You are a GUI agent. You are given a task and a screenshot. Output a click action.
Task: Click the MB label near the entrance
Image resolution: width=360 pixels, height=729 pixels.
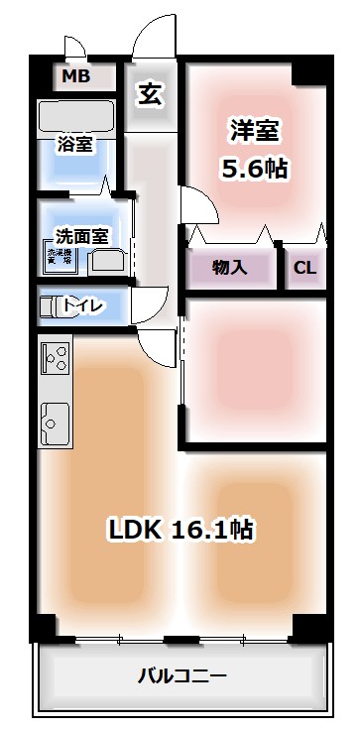tap(76, 76)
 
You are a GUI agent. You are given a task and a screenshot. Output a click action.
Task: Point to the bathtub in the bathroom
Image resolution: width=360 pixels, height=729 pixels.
tap(76, 116)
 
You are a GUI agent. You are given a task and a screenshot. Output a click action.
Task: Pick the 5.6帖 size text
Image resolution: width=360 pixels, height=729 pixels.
tap(255, 168)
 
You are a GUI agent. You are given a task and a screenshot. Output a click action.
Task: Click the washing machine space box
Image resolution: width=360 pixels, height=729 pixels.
tap(59, 258)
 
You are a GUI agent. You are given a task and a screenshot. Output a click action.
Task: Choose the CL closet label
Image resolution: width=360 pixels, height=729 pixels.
tap(304, 267)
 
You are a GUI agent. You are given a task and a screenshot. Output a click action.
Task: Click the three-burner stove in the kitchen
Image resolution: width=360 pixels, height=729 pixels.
tap(55, 358)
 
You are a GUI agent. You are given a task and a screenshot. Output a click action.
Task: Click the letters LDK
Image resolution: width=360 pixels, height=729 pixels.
tap(137, 530)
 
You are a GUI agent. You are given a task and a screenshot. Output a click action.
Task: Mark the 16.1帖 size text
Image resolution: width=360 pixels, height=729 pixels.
tap(213, 530)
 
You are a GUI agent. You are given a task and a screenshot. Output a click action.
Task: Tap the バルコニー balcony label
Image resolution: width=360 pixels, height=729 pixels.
tap(181, 677)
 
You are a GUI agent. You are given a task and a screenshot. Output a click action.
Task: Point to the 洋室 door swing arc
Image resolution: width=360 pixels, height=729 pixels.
tap(198, 209)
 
